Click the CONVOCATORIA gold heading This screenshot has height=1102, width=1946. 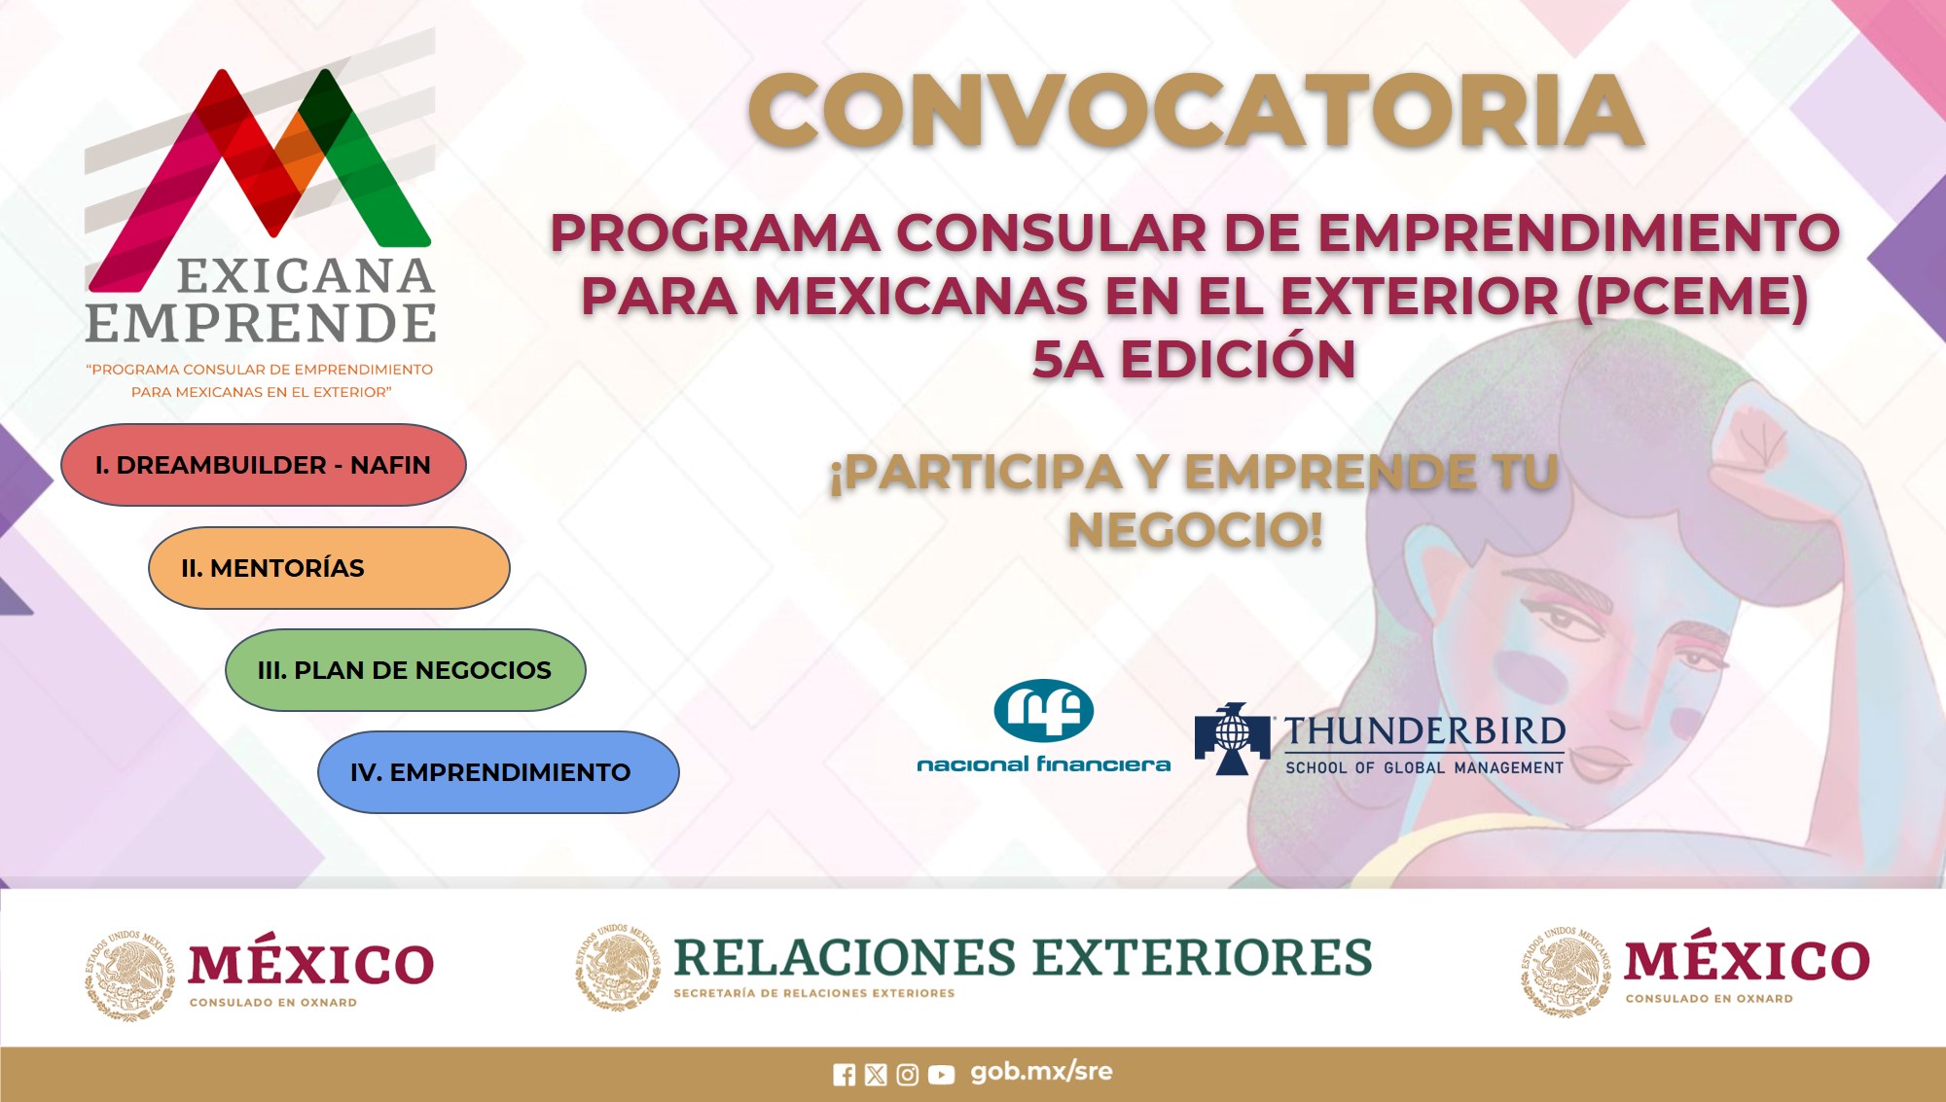coord(1196,111)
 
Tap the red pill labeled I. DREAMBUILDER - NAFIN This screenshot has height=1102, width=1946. coord(264,465)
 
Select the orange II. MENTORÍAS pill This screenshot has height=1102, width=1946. coord(329,568)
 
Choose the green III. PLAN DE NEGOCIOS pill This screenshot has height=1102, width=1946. coord(406,670)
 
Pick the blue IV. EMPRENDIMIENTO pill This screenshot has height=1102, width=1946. coord(498,772)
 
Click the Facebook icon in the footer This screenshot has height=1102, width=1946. coord(845,1075)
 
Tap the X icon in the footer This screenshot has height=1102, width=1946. coord(876,1075)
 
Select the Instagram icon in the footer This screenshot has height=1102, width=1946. coord(907,1075)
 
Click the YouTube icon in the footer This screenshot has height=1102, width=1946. coord(941,1075)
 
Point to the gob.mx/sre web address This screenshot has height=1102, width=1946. coord(1041,1072)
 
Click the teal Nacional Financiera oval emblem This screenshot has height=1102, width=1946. coord(1044,710)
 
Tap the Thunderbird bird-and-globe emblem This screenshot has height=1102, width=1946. coord(1232,738)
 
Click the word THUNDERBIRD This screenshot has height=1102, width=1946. coord(1424,731)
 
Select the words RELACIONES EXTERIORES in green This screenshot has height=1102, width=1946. coord(1023,957)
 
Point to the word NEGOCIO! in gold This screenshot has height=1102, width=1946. coord(1195,531)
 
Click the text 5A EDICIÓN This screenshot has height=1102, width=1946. coord(1194,359)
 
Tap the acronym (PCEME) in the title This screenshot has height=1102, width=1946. coord(1692,296)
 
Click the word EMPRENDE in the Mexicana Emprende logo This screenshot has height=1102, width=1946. coord(261,324)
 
